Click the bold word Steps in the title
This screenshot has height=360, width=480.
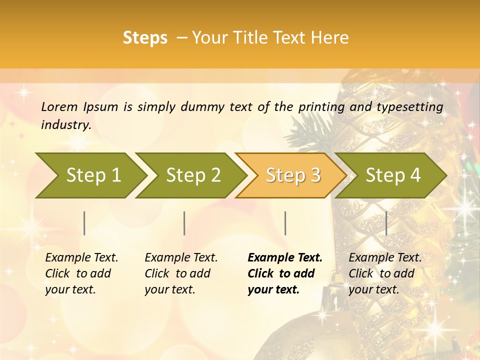145,38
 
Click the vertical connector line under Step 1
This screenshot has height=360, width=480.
84,223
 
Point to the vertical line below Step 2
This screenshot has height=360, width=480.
184,223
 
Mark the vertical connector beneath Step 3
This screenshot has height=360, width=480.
285,223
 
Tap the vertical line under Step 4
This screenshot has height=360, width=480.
386,223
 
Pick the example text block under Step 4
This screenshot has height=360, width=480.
385,273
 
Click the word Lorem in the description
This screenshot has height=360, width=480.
59,106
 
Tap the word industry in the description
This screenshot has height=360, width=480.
66,125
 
